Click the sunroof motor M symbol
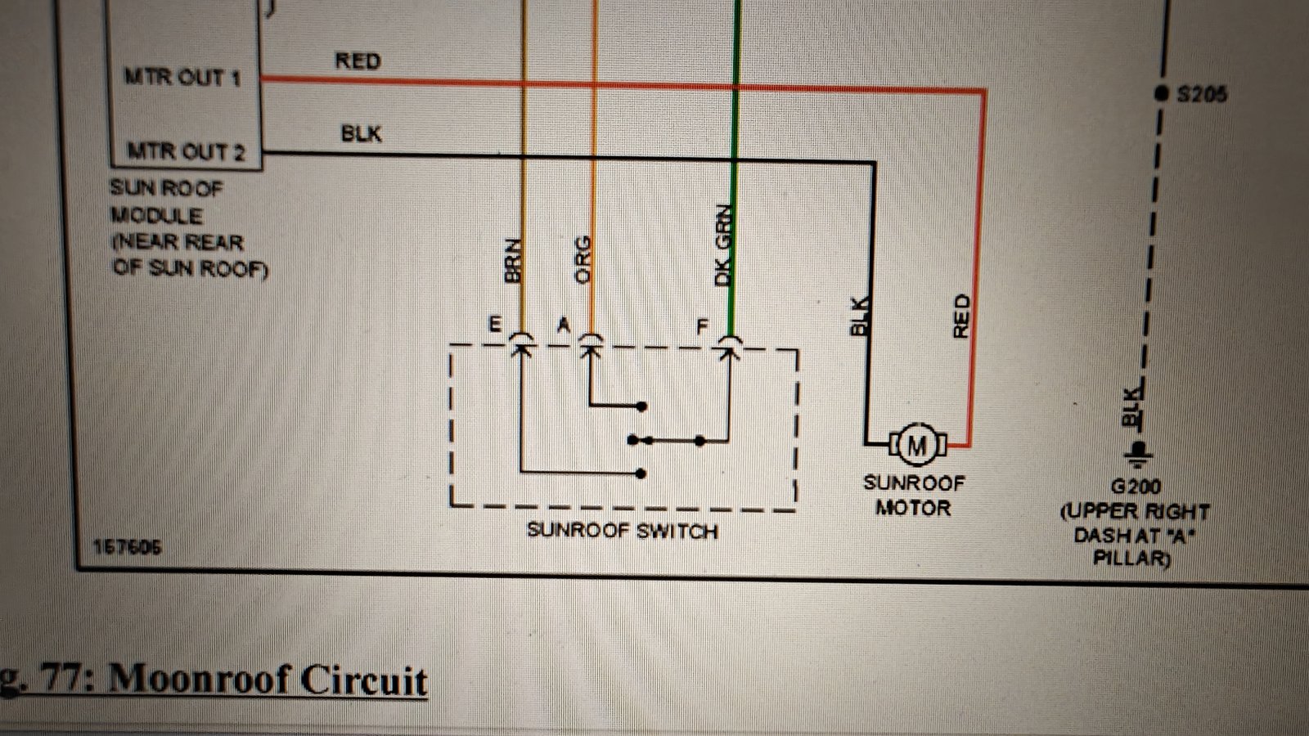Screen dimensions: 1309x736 [917, 445]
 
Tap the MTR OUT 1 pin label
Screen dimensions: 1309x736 [182, 77]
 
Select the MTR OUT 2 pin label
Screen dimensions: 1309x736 [186, 151]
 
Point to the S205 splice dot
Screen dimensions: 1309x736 [1162, 93]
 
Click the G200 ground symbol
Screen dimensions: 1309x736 [1137, 455]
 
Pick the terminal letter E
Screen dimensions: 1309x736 [495, 324]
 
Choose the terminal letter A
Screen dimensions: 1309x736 [564, 324]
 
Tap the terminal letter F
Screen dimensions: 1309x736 [703, 326]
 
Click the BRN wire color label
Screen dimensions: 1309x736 [512, 261]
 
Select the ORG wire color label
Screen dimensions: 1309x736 [583, 259]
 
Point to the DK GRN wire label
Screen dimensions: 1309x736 [723, 245]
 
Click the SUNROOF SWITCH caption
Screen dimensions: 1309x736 [623, 531]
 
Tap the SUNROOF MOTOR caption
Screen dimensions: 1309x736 [914, 496]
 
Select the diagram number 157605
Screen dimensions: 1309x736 [127, 547]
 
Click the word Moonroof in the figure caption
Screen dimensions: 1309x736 [200, 680]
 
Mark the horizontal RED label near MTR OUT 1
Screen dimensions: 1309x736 [358, 61]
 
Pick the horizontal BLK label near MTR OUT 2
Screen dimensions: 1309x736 [361, 134]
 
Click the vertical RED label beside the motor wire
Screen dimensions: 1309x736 [961, 316]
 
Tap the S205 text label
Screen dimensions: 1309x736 [1202, 94]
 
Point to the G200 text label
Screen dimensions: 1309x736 [1136, 487]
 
